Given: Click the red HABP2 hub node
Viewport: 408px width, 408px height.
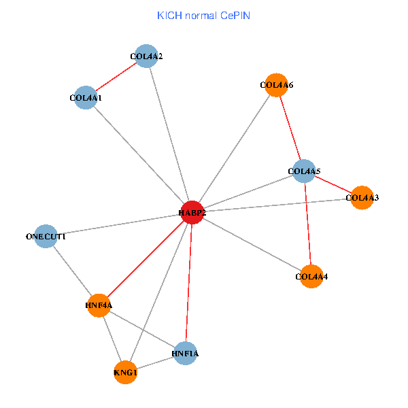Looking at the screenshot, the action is (192, 212).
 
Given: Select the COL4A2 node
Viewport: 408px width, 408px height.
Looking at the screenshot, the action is (147, 56).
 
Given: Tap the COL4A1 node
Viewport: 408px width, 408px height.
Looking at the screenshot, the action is (86, 98).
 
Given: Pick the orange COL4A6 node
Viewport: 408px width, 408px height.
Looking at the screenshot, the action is (276, 85).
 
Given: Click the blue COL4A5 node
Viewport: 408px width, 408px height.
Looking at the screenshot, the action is (304, 171).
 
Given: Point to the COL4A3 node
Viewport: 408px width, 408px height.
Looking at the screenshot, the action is (362, 197).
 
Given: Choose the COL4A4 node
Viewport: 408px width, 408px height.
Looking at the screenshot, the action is (311, 276).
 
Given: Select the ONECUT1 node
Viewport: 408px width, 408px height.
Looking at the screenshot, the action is (46, 236).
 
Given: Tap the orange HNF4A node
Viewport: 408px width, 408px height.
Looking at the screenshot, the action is (99, 305).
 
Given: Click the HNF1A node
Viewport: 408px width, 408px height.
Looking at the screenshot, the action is (185, 353).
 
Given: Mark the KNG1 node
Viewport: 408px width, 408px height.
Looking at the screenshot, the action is (126, 372).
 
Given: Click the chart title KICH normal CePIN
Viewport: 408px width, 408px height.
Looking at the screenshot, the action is (203, 16).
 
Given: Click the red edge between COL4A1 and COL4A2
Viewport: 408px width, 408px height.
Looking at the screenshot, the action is (116, 77).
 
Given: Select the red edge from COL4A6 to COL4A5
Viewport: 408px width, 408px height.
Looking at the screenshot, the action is (290, 128).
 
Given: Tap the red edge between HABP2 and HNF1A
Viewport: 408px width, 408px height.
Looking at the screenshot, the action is (189, 282).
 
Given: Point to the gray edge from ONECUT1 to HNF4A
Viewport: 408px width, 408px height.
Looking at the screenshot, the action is (72, 271).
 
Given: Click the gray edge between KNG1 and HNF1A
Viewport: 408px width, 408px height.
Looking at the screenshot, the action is (155, 362).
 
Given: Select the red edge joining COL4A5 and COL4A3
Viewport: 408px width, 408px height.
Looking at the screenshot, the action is (333, 184).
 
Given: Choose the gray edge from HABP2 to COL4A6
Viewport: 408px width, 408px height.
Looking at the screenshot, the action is (235, 148).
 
